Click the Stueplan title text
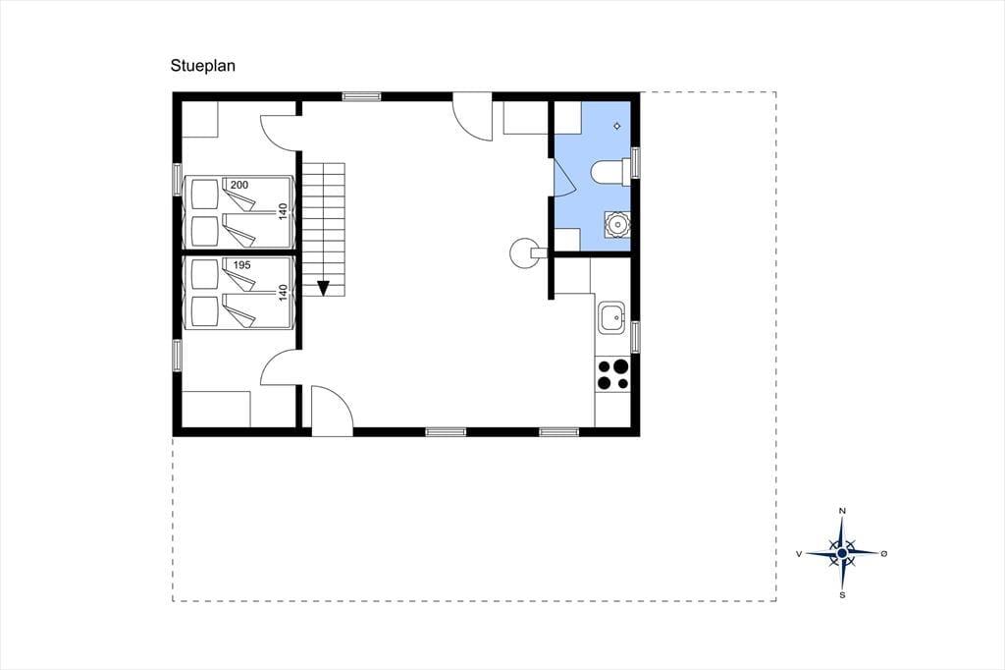tap(202, 66)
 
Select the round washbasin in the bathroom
tap(617, 224)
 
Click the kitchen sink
tap(612, 317)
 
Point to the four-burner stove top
tap(612, 374)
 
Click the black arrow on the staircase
tap(323, 288)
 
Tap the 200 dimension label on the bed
tap(239, 185)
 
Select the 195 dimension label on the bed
tap(241, 265)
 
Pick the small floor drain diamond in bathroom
tap(617, 126)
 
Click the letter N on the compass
tap(842, 511)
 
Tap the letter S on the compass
tap(842, 595)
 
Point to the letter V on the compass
tap(799, 553)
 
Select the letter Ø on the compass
tap(884, 553)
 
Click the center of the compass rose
tap(842, 552)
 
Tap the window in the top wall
tap(361, 97)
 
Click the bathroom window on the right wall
tap(635, 162)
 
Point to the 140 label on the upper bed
tap(283, 212)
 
